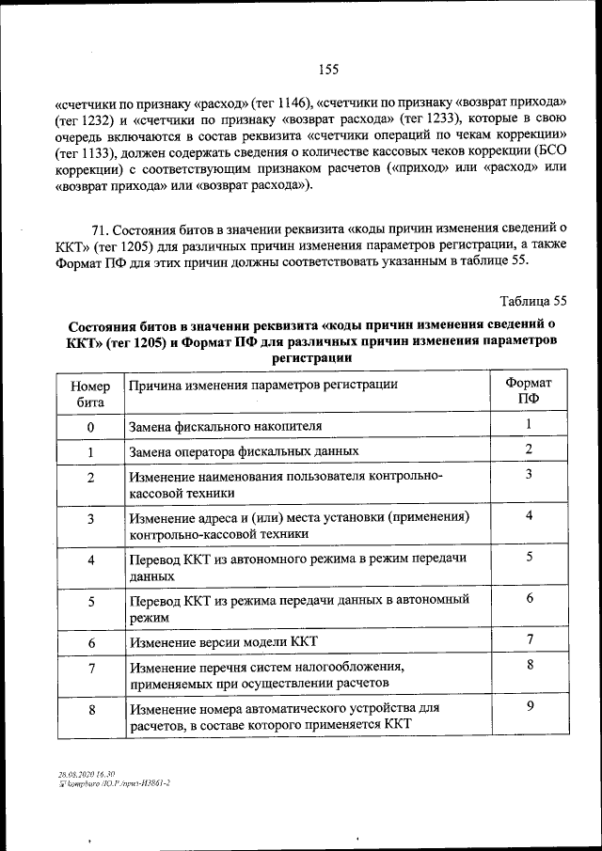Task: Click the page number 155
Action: point(327,69)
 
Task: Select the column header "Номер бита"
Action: point(90,392)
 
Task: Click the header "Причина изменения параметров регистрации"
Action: point(263,385)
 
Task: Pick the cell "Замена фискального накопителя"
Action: point(226,426)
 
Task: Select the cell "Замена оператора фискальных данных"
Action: point(244,450)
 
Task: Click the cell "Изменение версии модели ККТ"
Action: point(224,642)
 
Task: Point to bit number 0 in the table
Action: point(90,427)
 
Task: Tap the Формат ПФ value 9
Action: point(530,706)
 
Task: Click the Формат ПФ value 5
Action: point(530,557)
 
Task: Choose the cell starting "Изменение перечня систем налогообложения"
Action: point(268,675)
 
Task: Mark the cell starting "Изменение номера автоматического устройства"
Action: point(284,715)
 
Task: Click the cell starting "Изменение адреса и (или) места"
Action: point(299,525)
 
